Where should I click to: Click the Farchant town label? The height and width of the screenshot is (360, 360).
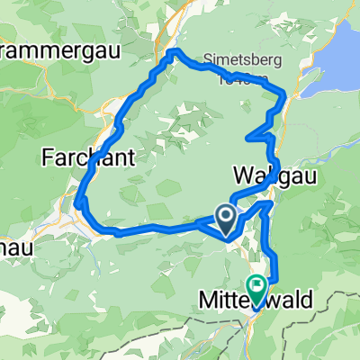tap(88, 157)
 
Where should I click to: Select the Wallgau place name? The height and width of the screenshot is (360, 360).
tap(265, 172)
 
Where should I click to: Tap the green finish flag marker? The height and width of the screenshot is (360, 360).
tap(256, 289)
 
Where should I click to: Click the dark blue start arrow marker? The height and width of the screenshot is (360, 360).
tap(225, 216)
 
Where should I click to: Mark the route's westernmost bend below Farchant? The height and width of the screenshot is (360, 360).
tap(78, 202)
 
